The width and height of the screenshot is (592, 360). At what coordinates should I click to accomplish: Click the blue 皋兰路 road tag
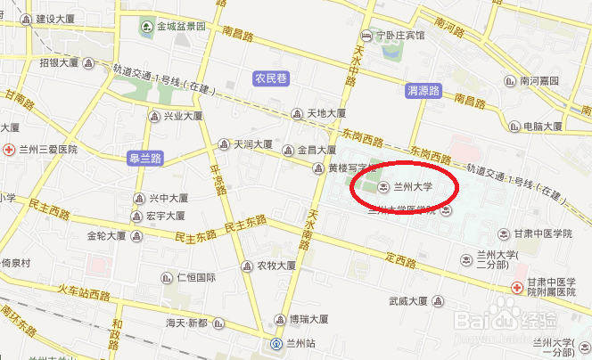pyautogui.click(x=144, y=158)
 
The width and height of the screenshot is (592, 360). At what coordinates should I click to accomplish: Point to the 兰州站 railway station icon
pyautogui.click(x=276, y=343)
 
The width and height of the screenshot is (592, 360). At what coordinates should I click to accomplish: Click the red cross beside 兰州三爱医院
pyautogui.click(x=10, y=149)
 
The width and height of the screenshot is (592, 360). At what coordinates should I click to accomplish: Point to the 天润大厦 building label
pyautogui.click(x=253, y=143)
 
